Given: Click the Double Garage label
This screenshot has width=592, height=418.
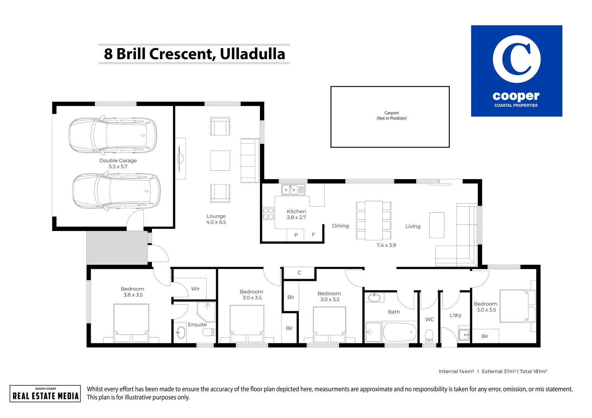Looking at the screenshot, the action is pyautogui.click(x=118, y=161).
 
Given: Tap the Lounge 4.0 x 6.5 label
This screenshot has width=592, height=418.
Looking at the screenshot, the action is pyautogui.click(x=216, y=219).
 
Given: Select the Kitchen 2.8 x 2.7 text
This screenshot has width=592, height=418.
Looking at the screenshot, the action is pyautogui.click(x=296, y=214).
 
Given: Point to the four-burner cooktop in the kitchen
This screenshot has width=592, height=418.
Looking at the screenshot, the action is pyautogui.click(x=268, y=214).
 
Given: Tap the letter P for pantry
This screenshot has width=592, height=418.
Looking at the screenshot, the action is pyautogui.click(x=296, y=235).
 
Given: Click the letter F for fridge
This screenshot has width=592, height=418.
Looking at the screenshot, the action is pyautogui.click(x=313, y=235).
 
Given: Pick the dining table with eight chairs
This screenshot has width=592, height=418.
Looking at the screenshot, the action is pyautogui.click(x=374, y=221).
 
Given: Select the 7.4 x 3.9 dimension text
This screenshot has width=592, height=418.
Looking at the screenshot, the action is pyautogui.click(x=386, y=245).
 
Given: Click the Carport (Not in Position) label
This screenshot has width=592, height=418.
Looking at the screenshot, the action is pyautogui.click(x=391, y=115).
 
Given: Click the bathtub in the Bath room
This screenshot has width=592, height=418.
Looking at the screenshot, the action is pyautogui.click(x=399, y=332).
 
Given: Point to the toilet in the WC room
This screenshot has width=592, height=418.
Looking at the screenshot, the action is pyautogui.click(x=429, y=336).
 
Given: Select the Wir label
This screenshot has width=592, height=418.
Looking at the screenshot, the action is pyautogui.click(x=195, y=289).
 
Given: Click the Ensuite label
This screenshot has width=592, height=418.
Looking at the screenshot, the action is pyautogui.click(x=197, y=324).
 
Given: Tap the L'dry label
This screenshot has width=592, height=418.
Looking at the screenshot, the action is pyautogui.click(x=456, y=315).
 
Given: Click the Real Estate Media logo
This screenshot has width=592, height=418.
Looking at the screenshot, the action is pyautogui.click(x=45, y=394).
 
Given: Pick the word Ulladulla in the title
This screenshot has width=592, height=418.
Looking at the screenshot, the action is pyautogui.click(x=252, y=54).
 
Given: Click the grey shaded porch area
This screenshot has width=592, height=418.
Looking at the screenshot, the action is pyautogui.click(x=117, y=248).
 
